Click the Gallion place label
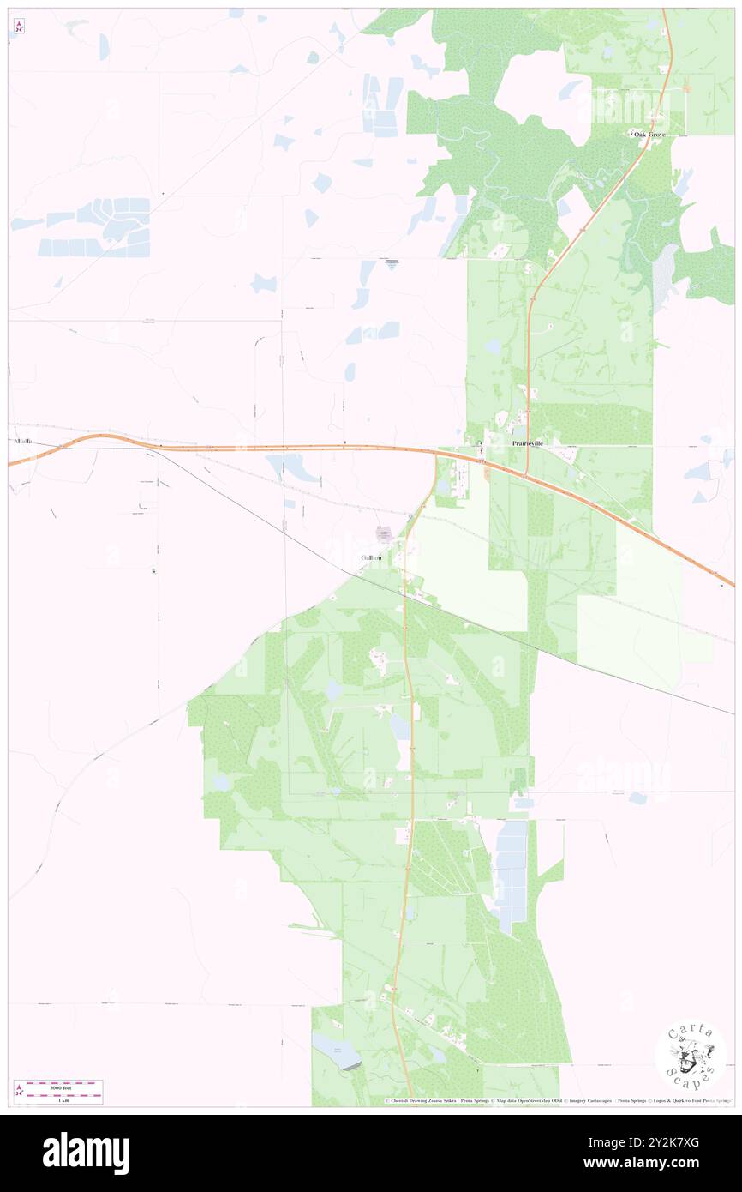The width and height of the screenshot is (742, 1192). click(371, 557)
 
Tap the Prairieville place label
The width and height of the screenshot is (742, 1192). click(527, 443)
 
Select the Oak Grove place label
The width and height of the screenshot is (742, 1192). click(649, 135)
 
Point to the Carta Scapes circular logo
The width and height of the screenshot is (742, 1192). click(691, 1057)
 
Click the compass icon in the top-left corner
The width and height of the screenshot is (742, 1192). click(18, 27)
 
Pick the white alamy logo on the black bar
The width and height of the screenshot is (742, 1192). click(86, 1153)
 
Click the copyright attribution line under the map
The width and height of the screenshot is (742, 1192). click(557, 1101)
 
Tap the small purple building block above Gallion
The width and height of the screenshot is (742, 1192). click(384, 534)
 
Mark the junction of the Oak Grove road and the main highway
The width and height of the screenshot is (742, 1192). click(525, 474)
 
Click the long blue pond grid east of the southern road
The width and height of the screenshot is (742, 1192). click(512, 875)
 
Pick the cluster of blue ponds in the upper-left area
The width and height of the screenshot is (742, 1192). click(99, 227)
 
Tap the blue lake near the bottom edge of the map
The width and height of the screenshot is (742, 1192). click(336, 1051)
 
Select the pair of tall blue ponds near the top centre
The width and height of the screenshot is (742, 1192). click(382, 105)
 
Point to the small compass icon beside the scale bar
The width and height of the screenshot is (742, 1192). click(19, 1091)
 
